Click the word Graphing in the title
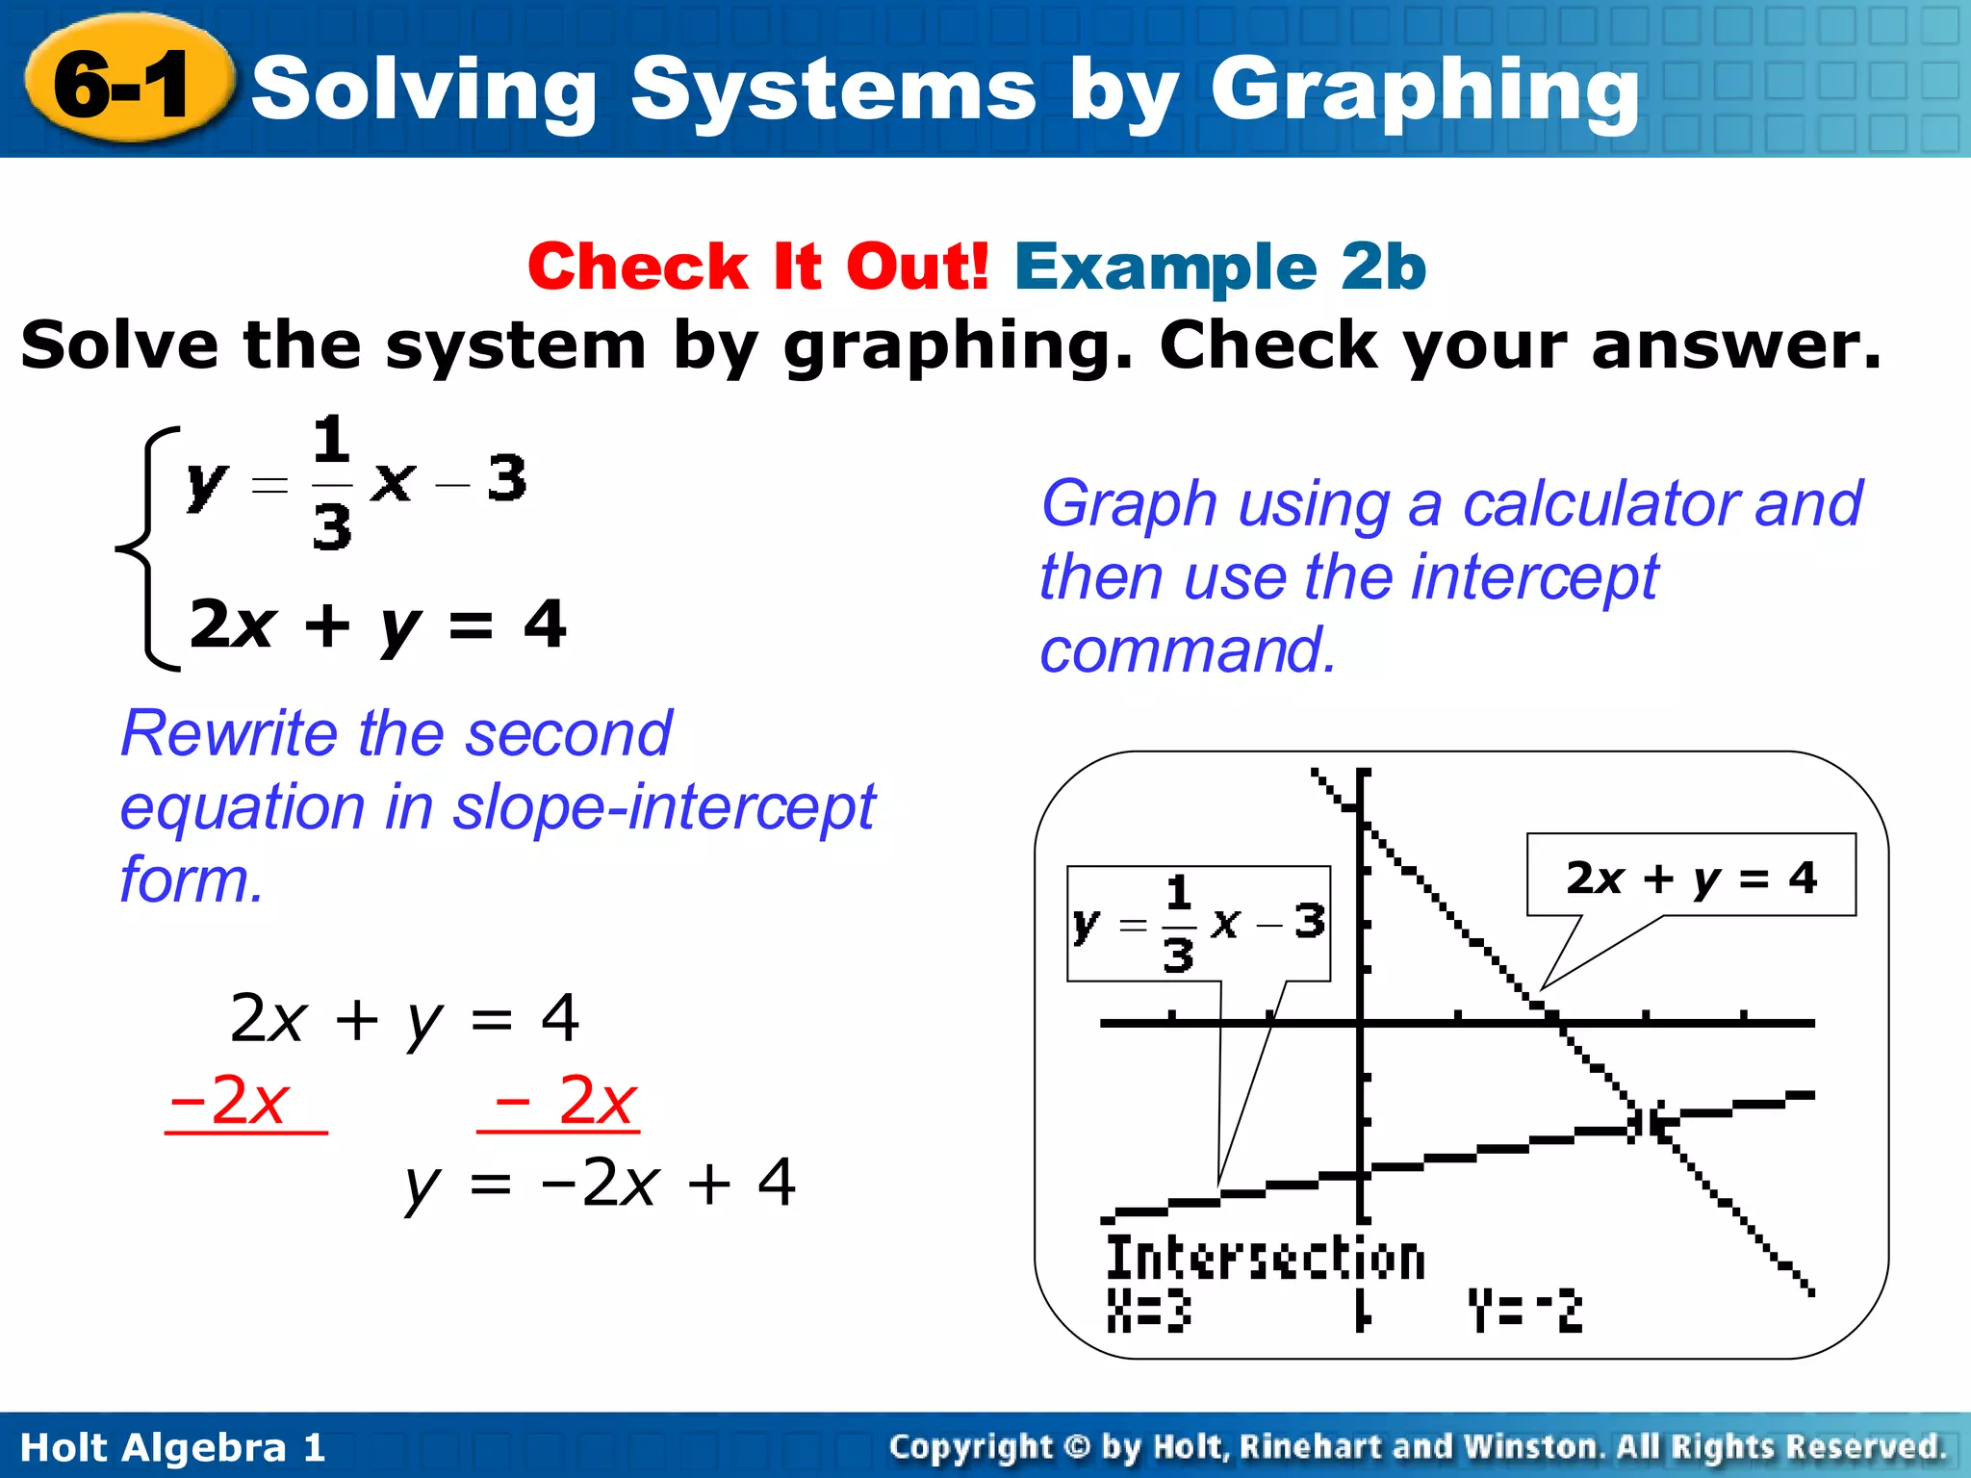click(1424, 91)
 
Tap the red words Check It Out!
click(757, 267)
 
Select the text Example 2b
click(1219, 267)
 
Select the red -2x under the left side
click(231, 1101)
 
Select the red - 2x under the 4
click(563, 1101)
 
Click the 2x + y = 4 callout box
click(1690, 876)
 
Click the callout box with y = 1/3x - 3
click(1198, 924)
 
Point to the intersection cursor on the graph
click(1645, 1122)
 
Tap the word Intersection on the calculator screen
click(1265, 1258)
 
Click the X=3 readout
click(1148, 1311)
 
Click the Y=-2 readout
click(1524, 1311)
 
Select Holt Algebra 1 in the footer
click(172, 1447)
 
